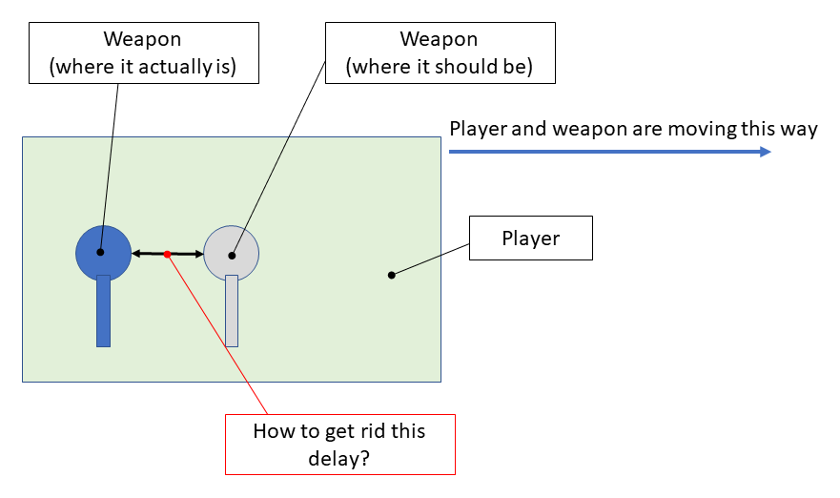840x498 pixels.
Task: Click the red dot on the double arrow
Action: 167,254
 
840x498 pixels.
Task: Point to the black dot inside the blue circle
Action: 100,253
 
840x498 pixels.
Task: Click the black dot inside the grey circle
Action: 232,255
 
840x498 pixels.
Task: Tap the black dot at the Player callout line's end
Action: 391,276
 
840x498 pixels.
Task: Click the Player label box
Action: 531,239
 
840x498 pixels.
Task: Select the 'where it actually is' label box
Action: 143,52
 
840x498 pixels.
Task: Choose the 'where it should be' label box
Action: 439,52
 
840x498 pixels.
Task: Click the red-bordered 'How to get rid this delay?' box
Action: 339,444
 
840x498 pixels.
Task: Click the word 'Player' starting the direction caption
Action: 478,129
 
